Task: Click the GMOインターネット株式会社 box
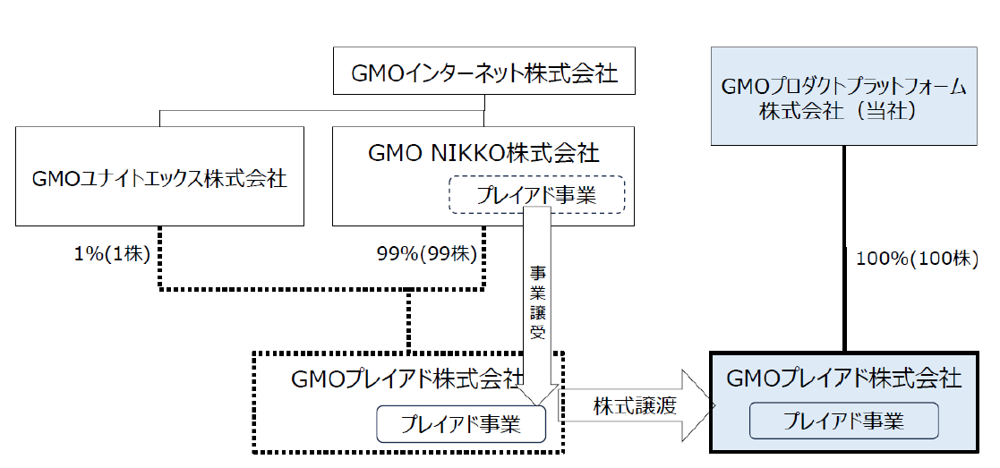coord(484,72)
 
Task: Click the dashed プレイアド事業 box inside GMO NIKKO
coord(536,194)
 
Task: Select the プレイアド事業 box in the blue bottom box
coord(843,421)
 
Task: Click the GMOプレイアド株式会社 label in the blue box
coord(843,379)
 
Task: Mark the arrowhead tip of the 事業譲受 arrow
coord(537,404)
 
